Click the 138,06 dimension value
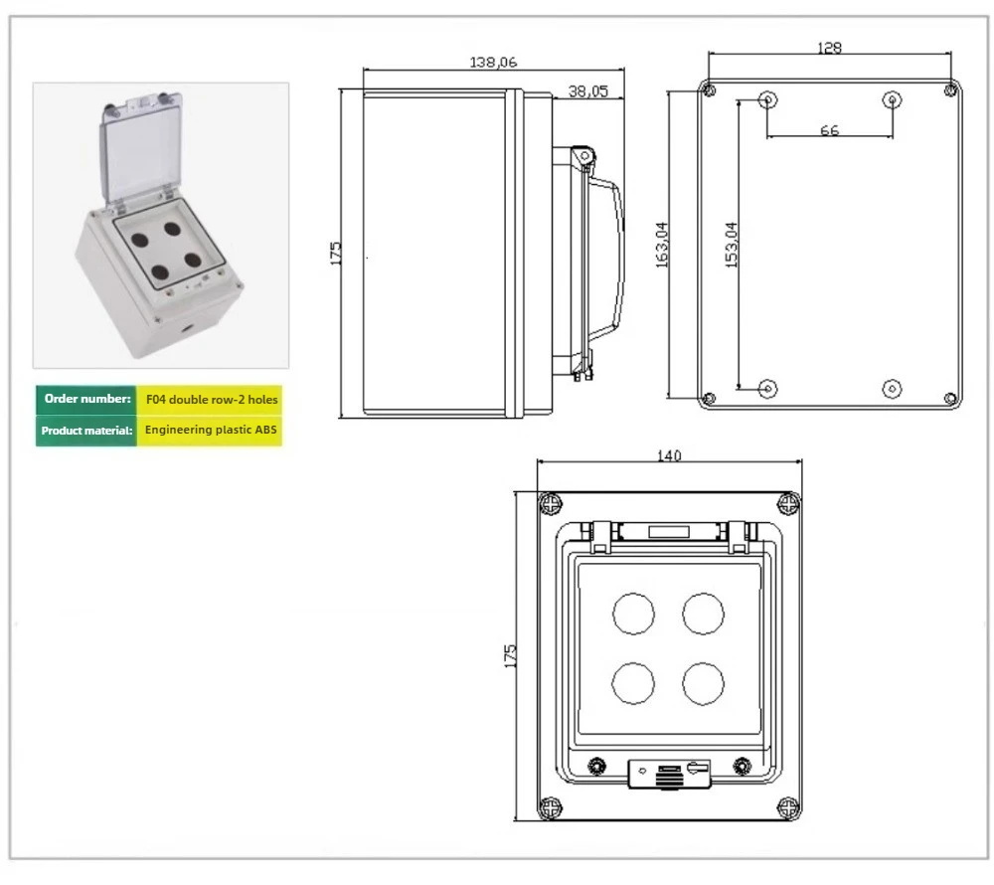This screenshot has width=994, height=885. tap(493, 62)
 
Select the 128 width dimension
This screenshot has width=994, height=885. tap(829, 48)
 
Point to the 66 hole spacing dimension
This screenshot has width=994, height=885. tap(829, 130)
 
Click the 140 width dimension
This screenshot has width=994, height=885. tap(670, 455)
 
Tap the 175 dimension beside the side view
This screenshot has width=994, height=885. tap(335, 253)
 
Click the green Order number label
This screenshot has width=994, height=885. tap(87, 399)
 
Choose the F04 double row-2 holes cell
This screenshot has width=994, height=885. tap(212, 399)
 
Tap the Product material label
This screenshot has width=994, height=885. tap(87, 431)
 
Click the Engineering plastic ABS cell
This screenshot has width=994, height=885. tap(212, 431)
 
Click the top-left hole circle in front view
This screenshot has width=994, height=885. tap(633, 613)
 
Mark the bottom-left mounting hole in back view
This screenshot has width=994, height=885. tap(767, 388)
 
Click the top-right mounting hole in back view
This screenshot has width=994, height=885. tap(892, 99)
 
